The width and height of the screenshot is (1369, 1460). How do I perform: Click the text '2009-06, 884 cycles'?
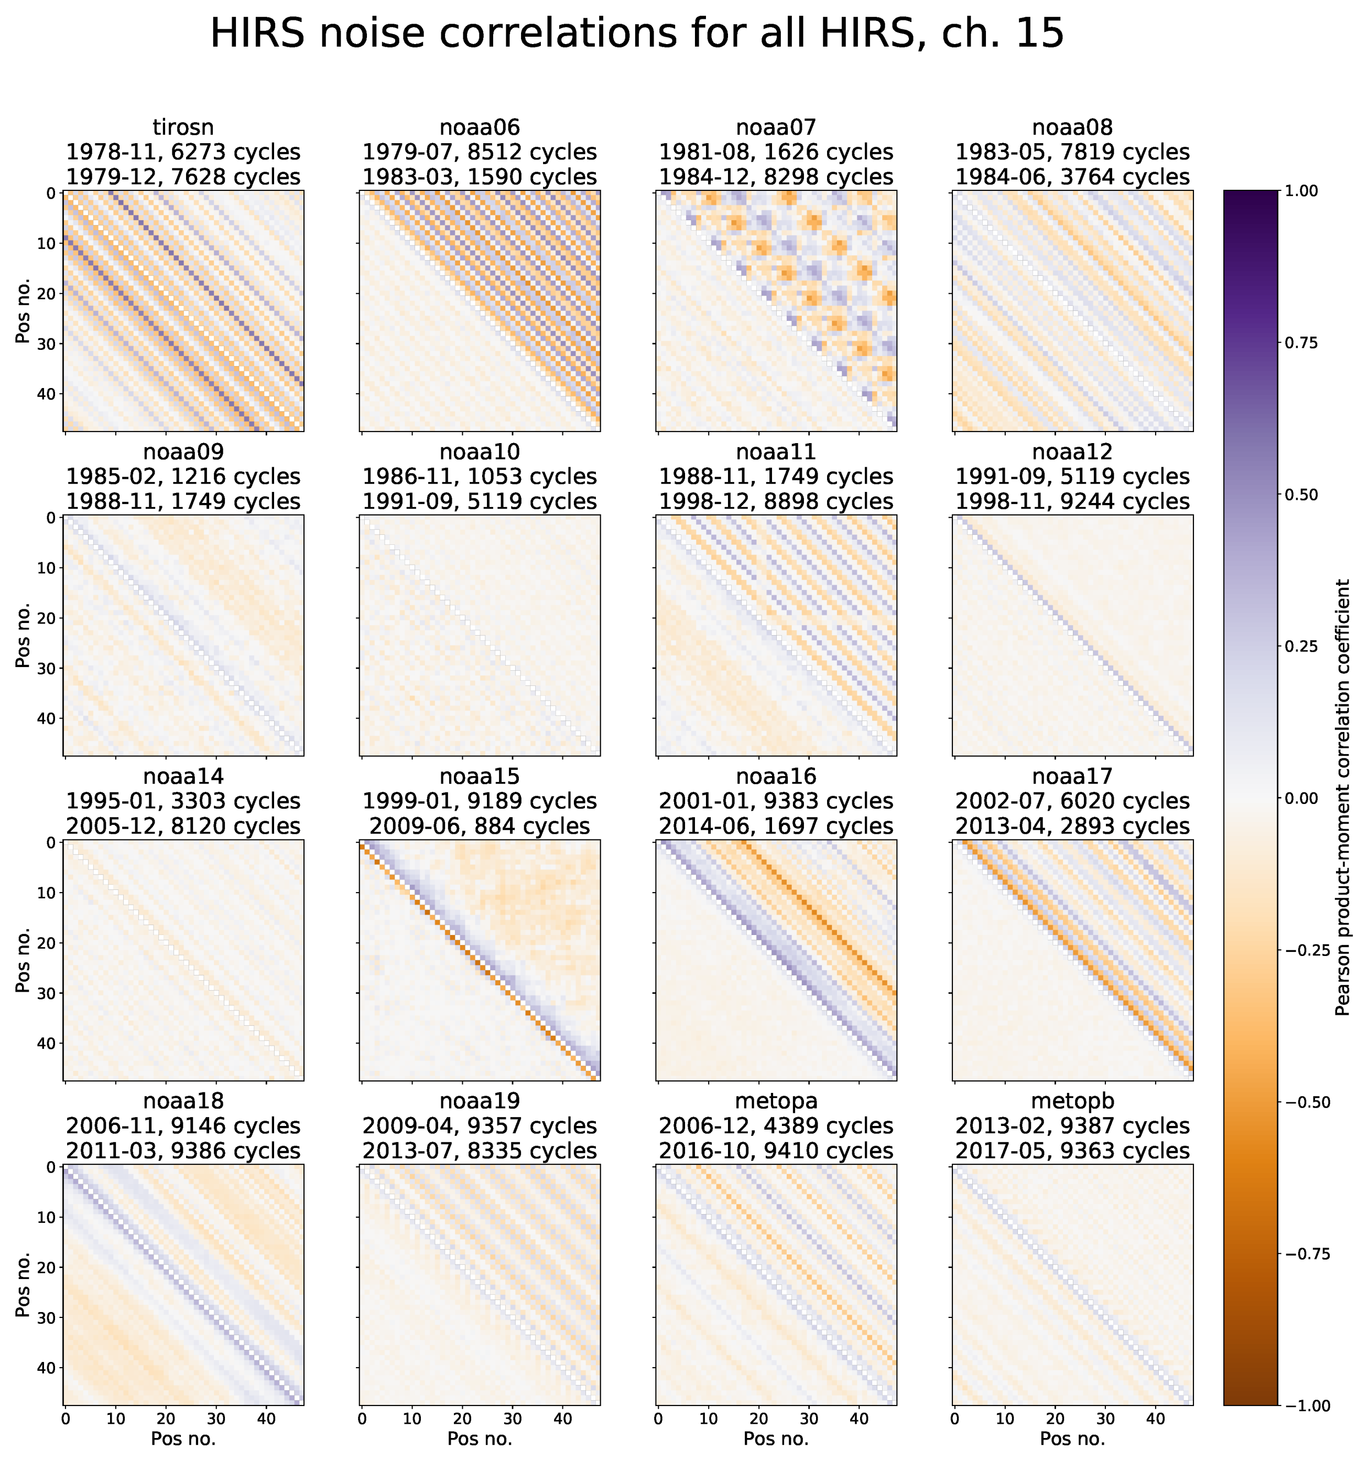pos(480,825)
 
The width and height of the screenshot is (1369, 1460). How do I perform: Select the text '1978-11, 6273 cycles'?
pos(183,152)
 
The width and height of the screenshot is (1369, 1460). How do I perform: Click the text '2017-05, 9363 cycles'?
pos(1072,1150)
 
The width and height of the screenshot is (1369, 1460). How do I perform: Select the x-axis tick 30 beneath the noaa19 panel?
pos(513,1419)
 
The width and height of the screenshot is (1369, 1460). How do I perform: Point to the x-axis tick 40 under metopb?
pos(1155,1419)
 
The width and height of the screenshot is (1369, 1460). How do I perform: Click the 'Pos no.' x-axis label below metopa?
pos(776,1438)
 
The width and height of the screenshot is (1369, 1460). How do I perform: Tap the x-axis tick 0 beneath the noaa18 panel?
pos(66,1419)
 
